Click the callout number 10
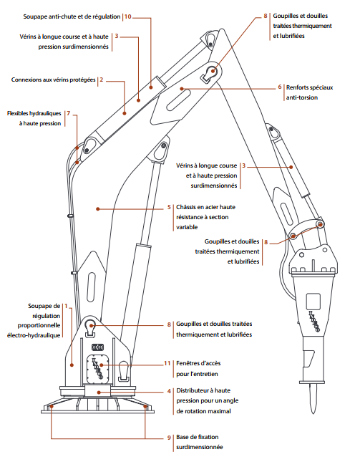(128, 16)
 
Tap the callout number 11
(167, 363)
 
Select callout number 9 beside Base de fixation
(169, 438)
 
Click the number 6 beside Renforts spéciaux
(280, 87)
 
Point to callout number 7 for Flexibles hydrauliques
(69, 113)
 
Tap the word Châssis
(187, 207)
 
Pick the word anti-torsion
(302, 97)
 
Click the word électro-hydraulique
(34, 335)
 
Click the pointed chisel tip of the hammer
(313, 413)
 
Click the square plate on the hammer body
(313, 302)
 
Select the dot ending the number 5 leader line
(98, 209)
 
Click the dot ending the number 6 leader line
(182, 89)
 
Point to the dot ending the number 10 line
(151, 87)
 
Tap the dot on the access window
(101, 365)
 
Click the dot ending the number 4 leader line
(99, 393)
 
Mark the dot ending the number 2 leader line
(125, 113)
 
